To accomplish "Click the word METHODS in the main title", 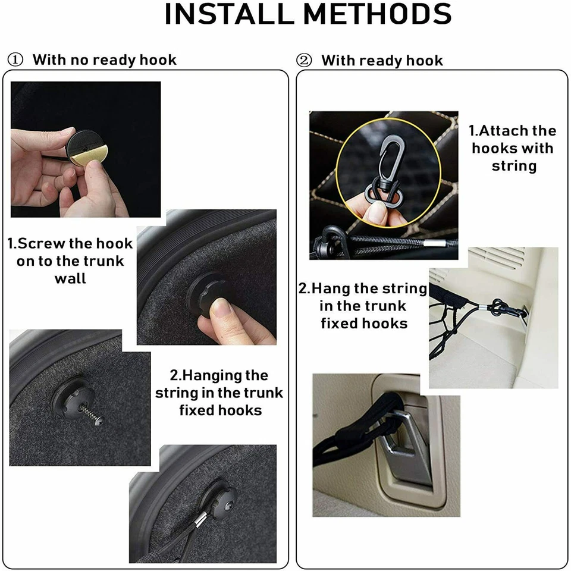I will click(x=375, y=14).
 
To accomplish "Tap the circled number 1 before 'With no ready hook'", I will click(x=17, y=60).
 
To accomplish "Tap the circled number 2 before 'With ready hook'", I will click(x=304, y=61).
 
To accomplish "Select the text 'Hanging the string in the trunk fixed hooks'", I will click(x=219, y=393).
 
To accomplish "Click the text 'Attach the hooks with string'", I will click(x=513, y=148).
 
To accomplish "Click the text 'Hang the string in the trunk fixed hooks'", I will click(x=363, y=306).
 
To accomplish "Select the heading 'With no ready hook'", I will click(x=104, y=60).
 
